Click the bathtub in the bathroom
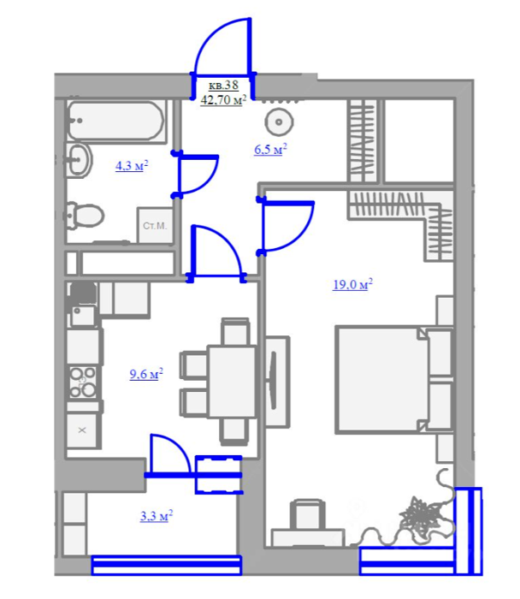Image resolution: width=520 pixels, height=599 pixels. pyautogui.click(x=116, y=122)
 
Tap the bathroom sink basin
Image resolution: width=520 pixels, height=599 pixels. pyautogui.click(x=80, y=160)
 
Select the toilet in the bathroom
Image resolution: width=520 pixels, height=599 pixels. pyautogui.click(x=85, y=216)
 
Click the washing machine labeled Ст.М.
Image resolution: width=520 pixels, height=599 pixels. pyautogui.click(x=155, y=226)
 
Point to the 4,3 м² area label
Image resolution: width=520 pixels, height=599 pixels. pyautogui.click(x=132, y=166)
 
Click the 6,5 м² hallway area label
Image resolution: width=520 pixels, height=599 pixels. pyautogui.click(x=270, y=149)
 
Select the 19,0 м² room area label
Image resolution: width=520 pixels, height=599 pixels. pyautogui.click(x=352, y=284)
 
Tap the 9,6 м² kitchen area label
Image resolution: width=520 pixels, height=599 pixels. pyautogui.click(x=146, y=374)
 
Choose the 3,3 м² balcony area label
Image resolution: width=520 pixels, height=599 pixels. pyautogui.click(x=157, y=516)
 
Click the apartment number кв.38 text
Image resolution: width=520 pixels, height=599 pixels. pyautogui.click(x=223, y=85)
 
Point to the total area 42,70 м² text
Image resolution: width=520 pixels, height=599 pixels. pyautogui.click(x=223, y=100)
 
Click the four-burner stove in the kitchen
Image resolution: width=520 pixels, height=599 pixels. pyautogui.click(x=82, y=382)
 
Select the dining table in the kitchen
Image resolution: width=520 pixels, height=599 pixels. pyautogui.click(x=232, y=382)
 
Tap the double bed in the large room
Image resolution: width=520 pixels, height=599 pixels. pyautogui.click(x=394, y=380)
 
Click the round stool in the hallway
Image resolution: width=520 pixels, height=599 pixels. pyautogui.click(x=279, y=122)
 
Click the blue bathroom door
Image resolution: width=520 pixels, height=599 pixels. pyautogui.click(x=196, y=174)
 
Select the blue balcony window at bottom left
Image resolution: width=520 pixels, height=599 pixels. pyautogui.click(x=167, y=566)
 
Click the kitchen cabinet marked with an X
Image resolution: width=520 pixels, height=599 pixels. pyautogui.click(x=82, y=430)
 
